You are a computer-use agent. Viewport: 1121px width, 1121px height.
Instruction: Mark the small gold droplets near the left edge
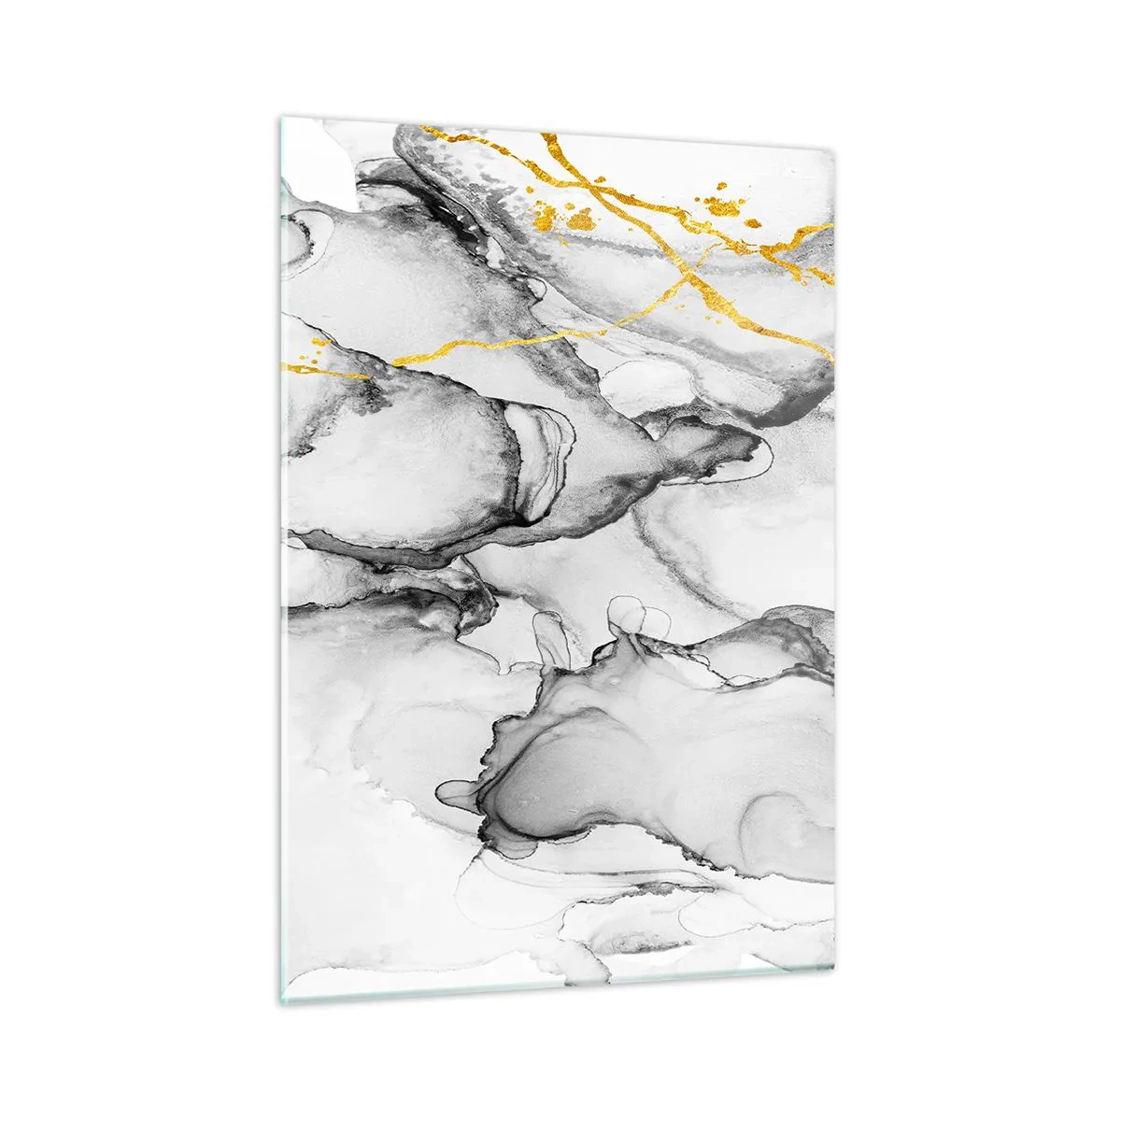click(x=316, y=354)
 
